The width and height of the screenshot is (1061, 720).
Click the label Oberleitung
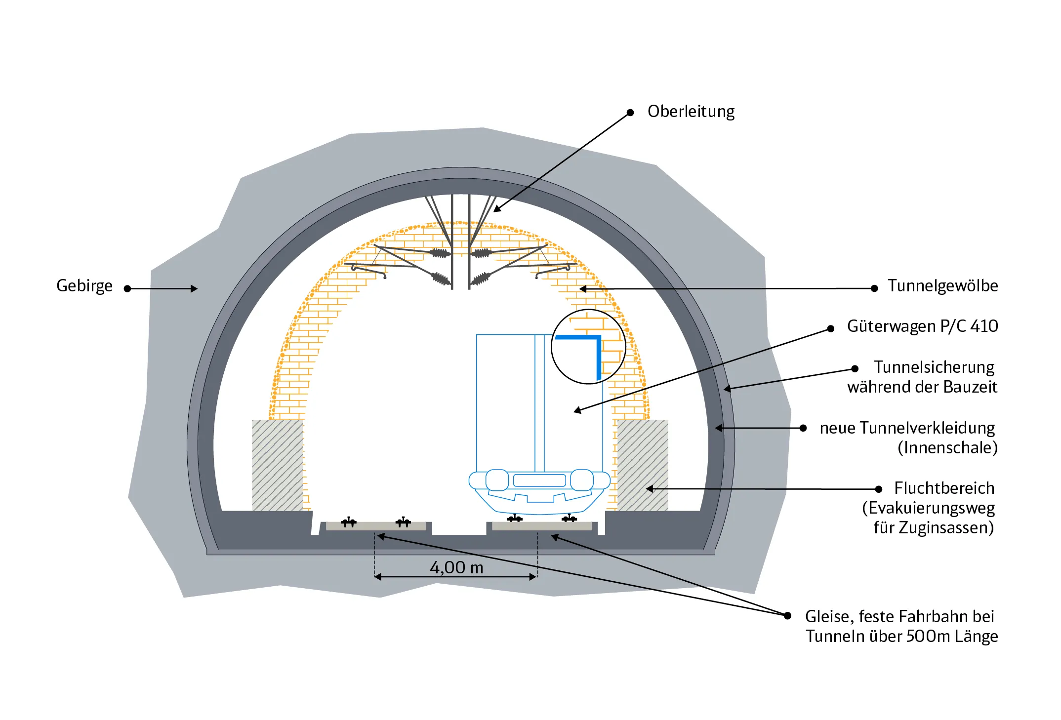691,112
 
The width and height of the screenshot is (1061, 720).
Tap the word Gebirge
84,286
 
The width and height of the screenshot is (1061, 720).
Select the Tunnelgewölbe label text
942,286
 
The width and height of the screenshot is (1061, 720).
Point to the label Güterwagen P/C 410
922,326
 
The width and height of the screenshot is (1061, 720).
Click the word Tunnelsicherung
934,367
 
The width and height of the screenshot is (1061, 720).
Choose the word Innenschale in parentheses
947,448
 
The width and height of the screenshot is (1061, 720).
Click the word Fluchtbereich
944,488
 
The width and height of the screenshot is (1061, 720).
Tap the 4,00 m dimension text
456,568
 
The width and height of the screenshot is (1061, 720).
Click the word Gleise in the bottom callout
827,617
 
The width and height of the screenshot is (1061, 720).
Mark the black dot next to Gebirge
127,289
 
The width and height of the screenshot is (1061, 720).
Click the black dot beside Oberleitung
630,113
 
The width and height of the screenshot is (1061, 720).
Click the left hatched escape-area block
277,465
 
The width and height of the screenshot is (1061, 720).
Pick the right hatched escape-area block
642,465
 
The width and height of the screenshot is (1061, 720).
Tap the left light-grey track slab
376,526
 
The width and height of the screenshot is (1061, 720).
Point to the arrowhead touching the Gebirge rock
194,289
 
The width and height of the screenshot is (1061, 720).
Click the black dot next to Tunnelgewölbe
874,288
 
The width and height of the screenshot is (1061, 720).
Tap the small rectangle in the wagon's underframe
539,480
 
